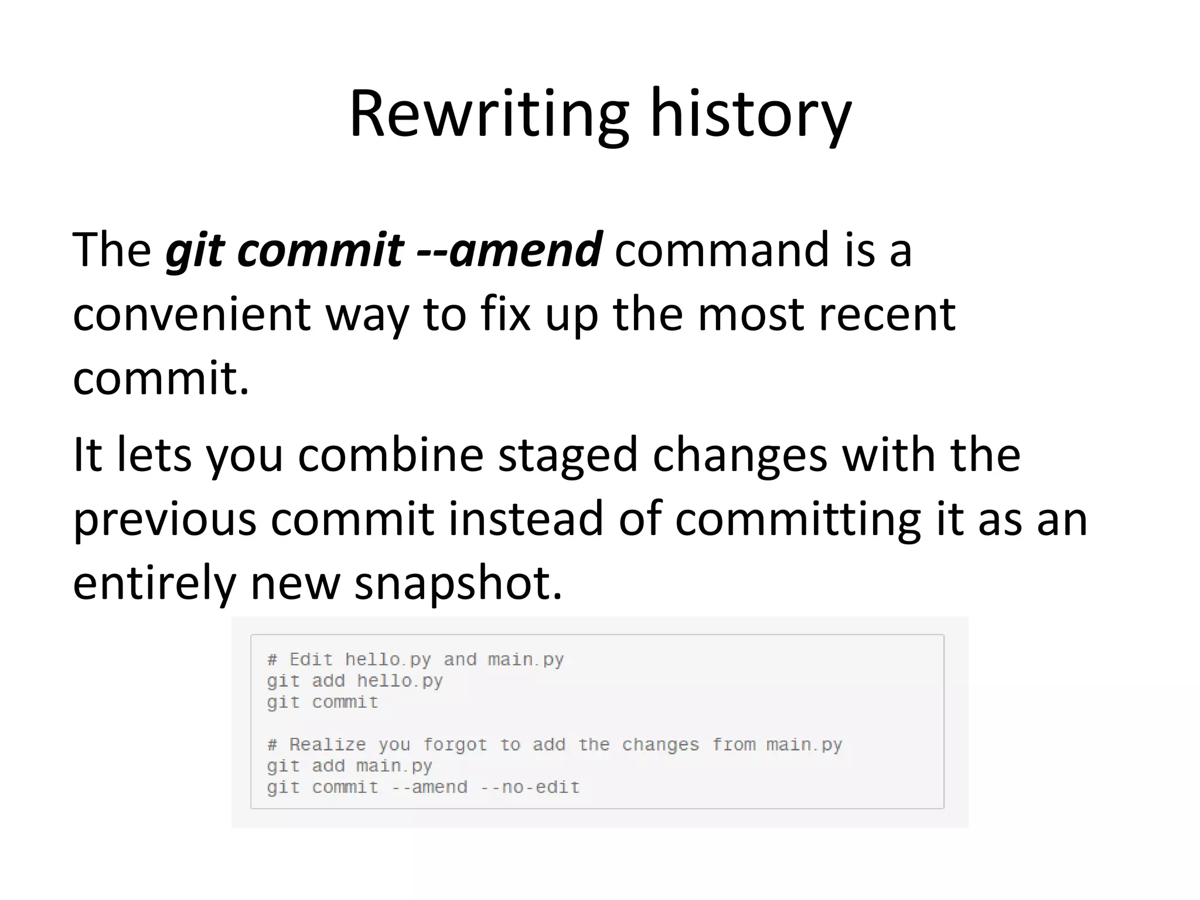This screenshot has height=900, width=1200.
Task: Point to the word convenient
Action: (x=191, y=314)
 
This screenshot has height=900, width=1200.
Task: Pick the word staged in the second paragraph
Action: (x=567, y=456)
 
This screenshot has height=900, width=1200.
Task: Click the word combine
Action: (x=390, y=455)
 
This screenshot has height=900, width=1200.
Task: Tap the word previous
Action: (x=164, y=519)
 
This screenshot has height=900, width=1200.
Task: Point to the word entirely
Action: (x=154, y=584)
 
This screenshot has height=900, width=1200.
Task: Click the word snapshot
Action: (x=458, y=584)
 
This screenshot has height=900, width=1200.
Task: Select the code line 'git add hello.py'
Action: (x=354, y=681)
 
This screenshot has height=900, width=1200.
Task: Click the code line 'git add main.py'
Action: (x=349, y=766)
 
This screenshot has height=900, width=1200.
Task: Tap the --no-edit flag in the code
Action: (x=530, y=787)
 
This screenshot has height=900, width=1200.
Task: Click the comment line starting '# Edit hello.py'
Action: (x=415, y=660)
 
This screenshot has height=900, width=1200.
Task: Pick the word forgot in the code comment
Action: (x=455, y=745)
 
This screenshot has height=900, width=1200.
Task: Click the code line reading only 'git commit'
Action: (x=322, y=702)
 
